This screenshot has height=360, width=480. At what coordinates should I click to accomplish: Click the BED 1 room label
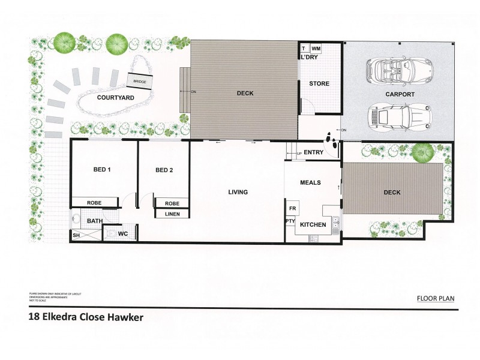(102, 170)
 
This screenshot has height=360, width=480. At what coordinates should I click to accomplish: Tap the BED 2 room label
(164, 170)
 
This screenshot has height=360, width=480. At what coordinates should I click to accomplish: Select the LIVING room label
(238, 193)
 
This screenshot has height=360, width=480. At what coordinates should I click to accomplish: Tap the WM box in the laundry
(316, 48)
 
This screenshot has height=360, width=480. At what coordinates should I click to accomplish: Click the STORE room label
(319, 83)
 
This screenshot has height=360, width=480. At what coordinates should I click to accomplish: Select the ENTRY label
(313, 152)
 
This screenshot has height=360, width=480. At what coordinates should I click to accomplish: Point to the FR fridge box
(293, 208)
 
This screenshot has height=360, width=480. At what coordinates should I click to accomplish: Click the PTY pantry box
(290, 221)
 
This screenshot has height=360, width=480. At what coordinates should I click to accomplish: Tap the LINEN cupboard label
(172, 214)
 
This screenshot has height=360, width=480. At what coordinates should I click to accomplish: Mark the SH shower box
(76, 235)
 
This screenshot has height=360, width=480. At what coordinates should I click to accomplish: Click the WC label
(122, 233)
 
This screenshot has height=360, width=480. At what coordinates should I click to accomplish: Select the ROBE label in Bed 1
(94, 203)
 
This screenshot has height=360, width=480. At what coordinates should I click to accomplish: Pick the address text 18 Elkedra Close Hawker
(86, 317)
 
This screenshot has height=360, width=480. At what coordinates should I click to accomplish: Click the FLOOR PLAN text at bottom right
(437, 298)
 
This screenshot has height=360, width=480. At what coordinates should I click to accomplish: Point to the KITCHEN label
(313, 225)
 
